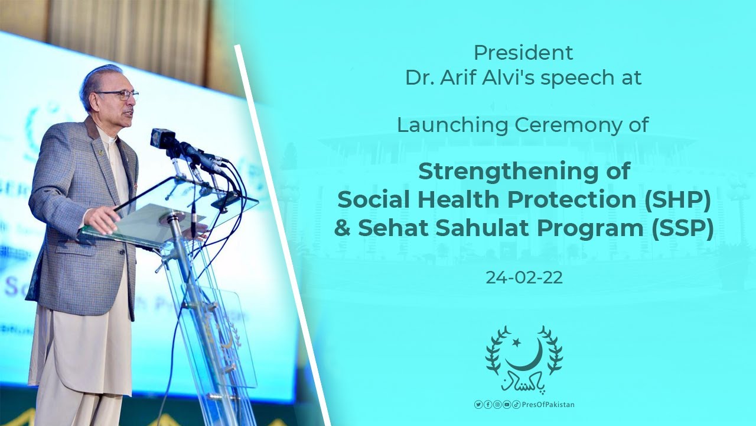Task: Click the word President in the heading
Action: click(523, 53)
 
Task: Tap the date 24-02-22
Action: click(524, 278)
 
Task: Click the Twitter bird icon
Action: click(478, 404)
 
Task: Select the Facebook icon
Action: click(488, 404)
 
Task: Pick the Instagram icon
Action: click(497, 404)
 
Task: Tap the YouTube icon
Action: click(507, 404)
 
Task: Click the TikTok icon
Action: click(516, 404)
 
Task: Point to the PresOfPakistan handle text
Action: click(548, 405)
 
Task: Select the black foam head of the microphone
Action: click(162, 138)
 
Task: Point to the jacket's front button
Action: click(121, 251)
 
